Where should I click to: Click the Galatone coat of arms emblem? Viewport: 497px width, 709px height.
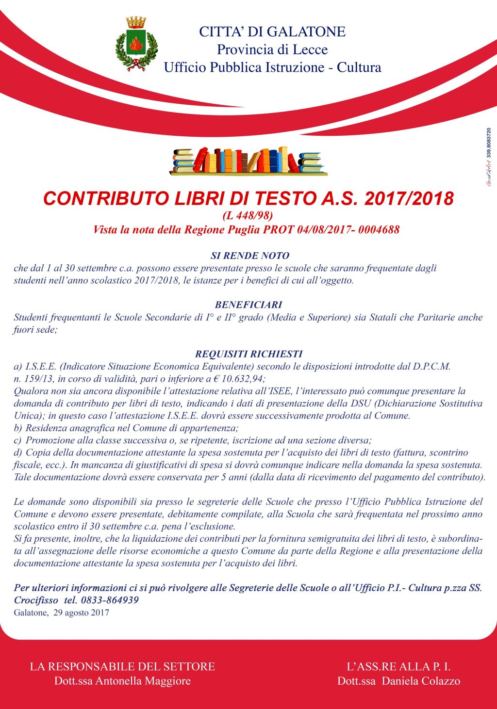136,44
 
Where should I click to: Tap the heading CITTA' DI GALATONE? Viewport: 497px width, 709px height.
272,32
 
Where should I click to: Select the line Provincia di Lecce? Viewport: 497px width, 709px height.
272,49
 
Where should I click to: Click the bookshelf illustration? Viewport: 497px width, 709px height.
248,161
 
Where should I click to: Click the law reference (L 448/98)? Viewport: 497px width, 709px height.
248,215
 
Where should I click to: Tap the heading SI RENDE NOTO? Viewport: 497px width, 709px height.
250,256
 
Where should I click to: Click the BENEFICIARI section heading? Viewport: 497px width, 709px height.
248,305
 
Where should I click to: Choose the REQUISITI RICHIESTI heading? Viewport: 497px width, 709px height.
248,354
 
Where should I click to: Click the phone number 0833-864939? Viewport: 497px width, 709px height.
110,600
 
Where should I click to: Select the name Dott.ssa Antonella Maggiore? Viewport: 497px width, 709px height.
122,681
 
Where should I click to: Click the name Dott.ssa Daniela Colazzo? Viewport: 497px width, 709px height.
398,681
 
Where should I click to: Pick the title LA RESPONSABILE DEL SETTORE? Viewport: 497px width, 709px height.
122,666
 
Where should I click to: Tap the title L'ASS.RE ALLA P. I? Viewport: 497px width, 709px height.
398,666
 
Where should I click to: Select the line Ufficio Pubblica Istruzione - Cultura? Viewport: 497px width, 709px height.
272,67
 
